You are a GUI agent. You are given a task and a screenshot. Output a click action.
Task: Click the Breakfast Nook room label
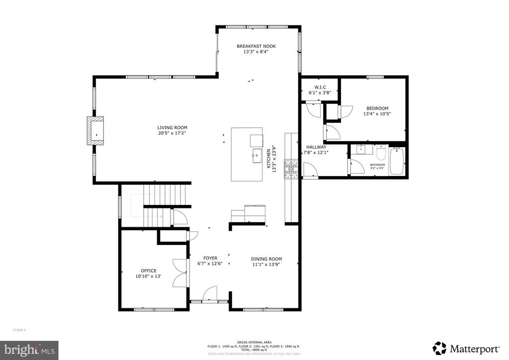point(256,46)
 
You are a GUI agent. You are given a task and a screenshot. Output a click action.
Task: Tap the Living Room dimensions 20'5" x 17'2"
point(172,133)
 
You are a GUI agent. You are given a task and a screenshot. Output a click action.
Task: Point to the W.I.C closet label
point(320,87)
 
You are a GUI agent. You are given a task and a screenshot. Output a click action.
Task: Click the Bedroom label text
point(377,108)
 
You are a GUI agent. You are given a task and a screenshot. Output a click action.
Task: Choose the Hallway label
point(316,147)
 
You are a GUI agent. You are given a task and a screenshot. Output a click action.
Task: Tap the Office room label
point(149,271)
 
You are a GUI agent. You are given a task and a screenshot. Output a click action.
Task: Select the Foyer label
point(210,258)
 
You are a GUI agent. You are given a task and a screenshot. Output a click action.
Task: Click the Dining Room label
point(266,259)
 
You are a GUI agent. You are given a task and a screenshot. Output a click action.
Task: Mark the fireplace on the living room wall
point(94,131)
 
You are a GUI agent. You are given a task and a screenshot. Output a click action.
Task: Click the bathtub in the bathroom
point(397,162)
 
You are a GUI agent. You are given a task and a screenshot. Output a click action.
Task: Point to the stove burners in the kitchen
point(289,168)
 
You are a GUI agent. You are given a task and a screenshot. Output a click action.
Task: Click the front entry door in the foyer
point(210,294)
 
